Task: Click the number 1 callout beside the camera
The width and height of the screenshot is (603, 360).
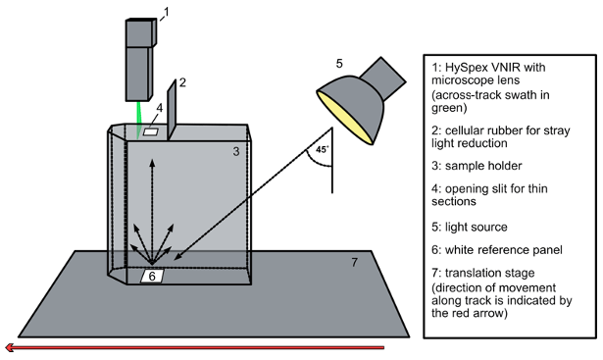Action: tap(166, 13)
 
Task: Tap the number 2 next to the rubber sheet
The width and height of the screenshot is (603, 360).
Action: tap(182, 82)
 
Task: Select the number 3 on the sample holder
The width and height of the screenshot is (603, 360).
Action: tap(236, 151)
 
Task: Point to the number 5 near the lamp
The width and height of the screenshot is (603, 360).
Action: tap(339, 63)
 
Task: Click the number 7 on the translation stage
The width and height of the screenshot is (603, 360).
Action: tap(355, 262)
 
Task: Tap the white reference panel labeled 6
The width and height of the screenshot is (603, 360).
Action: tap(152, 277)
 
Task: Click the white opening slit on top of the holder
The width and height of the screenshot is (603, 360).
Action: tap(151, 131)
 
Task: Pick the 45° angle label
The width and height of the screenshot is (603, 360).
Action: tap(323, 149)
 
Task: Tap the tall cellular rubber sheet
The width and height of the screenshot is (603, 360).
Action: tap(172, 110)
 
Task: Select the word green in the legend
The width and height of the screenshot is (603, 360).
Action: tap(449, 108)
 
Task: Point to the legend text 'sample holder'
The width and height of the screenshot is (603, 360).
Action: tap(483, 166)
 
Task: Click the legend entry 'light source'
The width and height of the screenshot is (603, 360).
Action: tap(477, 227)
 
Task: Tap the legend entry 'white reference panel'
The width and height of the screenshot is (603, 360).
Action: tap(504, 250)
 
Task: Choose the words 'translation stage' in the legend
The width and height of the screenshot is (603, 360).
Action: tap(490, 273)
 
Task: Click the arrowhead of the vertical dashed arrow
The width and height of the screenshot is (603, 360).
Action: tap(152, 162)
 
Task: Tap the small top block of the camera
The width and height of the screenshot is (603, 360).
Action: tap(141, 32)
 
